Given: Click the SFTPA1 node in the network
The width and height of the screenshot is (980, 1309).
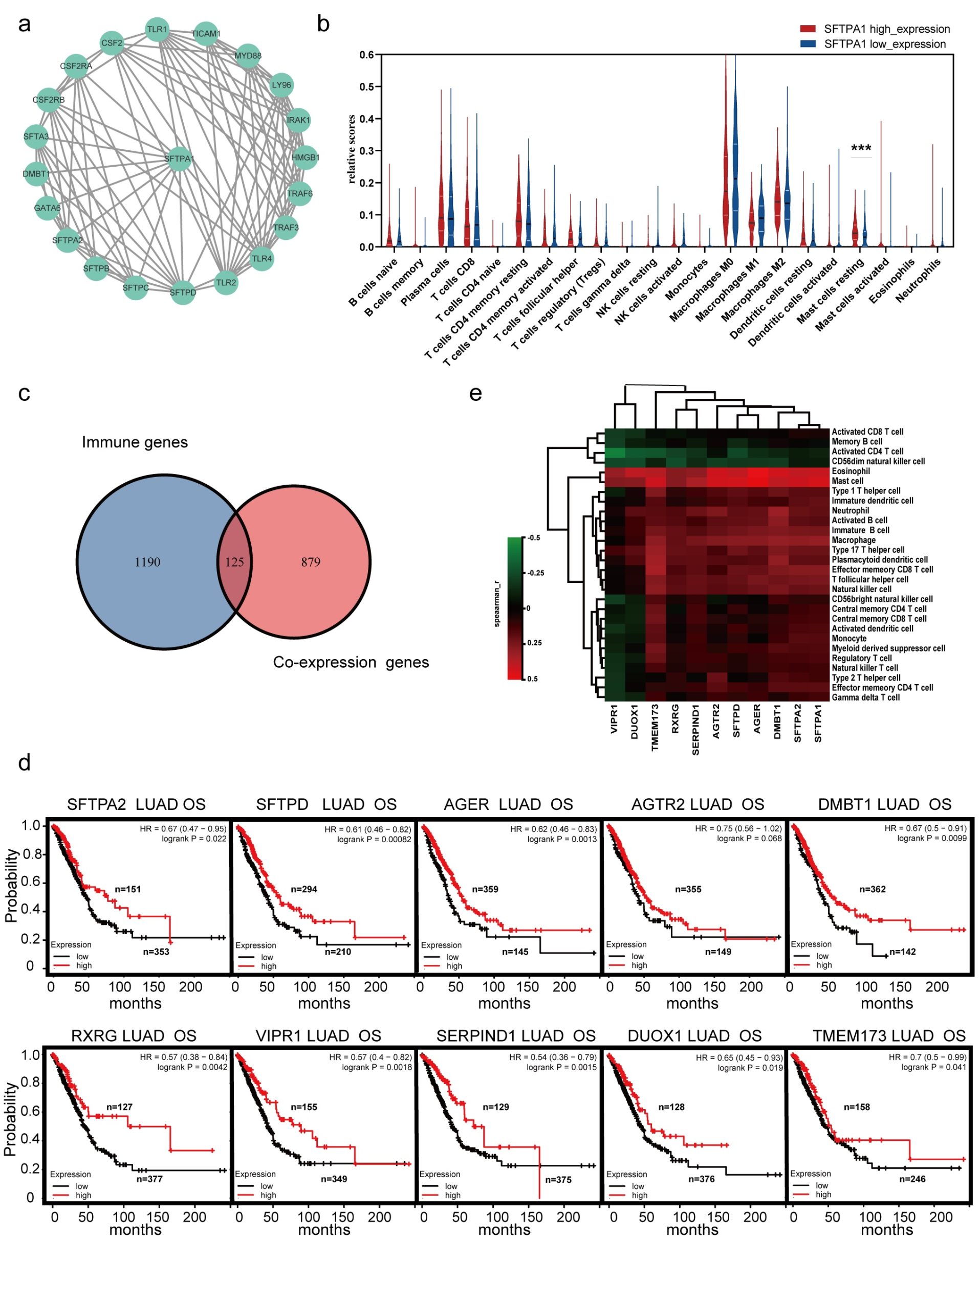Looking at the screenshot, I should point(179,159).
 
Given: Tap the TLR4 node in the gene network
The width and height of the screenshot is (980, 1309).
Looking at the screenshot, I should point(262,259).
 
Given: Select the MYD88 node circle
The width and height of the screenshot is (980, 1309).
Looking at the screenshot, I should point(248,56).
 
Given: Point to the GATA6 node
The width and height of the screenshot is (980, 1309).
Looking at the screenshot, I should point(48,208).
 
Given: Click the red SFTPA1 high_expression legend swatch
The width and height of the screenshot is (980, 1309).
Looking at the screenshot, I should point(807,29).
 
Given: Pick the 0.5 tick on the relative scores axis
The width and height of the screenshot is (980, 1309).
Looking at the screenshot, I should point(367,87).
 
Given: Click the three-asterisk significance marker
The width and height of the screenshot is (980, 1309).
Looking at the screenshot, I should point(861,148).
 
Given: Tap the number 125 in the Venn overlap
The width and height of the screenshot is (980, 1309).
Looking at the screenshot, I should point(234,562).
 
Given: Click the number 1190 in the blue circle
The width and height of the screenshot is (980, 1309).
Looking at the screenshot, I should point(147,562).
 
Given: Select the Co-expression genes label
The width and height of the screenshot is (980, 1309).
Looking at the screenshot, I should point(351,662).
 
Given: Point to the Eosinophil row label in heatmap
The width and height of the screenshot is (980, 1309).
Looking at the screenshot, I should point(851,471).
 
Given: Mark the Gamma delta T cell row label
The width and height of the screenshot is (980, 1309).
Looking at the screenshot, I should point(865,697).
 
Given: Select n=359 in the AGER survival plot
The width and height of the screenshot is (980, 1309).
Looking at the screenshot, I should point(485,889).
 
